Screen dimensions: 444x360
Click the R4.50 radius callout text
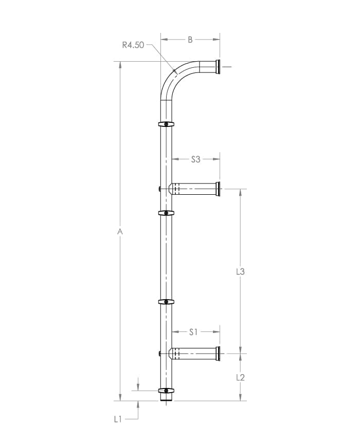click(x=133, y=45)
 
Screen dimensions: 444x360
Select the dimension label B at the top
click(x=190, y=39)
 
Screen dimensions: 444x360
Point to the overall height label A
click(x=120, y=232)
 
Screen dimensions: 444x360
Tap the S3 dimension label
click(x=195, y=159)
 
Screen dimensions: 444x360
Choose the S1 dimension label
click(x=193, y=332)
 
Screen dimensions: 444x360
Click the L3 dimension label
click(x=240, y=271)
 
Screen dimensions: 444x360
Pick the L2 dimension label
click(x=240, y=377)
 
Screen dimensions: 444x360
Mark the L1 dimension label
click(x=118, y=419)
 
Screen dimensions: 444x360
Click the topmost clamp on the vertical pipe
click(x=166, y=124)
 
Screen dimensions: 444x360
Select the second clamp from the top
click(x=166, y=213)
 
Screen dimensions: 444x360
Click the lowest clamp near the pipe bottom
click(x=166, y=391)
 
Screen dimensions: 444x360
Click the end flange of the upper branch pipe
click(x=218, y=189)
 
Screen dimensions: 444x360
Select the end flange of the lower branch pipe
click(x=218, y=354)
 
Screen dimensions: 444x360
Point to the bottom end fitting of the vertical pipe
click(x=166, y=398)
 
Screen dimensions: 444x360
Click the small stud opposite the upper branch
click(x=160, y=189)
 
